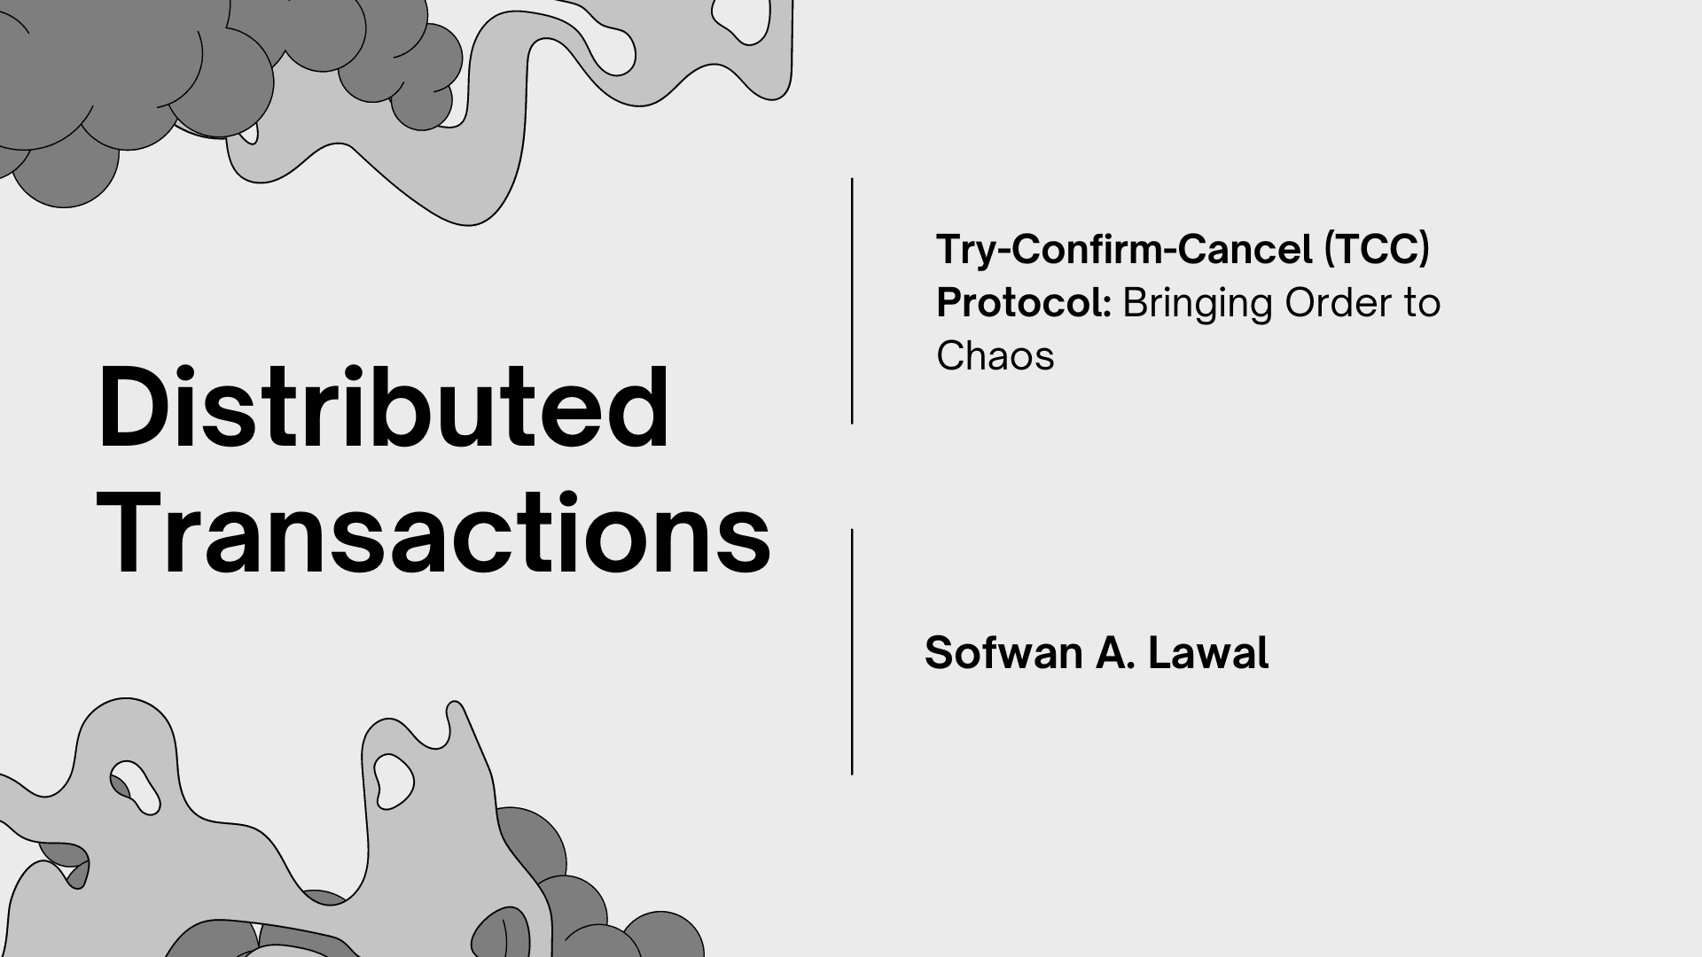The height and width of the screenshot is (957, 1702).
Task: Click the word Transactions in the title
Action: (433, 534)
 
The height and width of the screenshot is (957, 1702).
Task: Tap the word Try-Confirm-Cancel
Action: (1124, 250)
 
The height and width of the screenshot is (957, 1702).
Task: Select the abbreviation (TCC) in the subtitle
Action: (1377, 250)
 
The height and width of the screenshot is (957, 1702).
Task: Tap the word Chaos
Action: (995, 356)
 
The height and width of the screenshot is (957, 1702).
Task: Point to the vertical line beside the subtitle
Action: (852, 301)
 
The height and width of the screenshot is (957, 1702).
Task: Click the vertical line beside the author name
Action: (852, 652)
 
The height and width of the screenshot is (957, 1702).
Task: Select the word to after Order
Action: (1422, 303)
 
